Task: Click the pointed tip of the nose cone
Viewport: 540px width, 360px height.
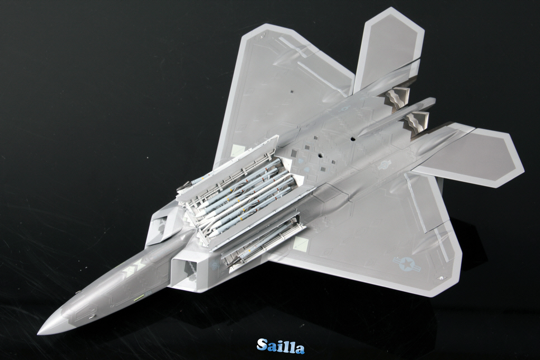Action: coord(38,334)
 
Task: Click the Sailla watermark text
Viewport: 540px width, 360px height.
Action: coord(280,346)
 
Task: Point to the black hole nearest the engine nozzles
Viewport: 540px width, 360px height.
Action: coord(352,139)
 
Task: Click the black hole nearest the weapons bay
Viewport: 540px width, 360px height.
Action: coord(320,155)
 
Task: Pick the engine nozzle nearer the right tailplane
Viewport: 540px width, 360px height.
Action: coord(416,121)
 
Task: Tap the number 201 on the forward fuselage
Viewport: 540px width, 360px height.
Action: coord(149,292)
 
